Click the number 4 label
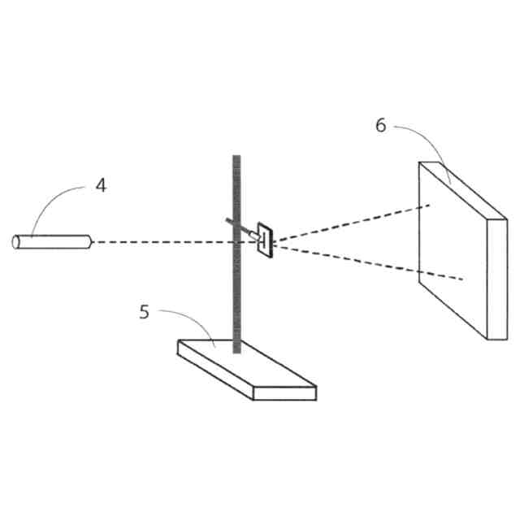100,185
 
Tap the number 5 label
145,311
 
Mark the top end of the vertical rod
236,156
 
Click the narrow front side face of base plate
284,392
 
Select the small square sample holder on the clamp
266,241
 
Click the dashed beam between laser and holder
162,241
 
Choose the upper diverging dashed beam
349,221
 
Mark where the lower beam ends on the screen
462,279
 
